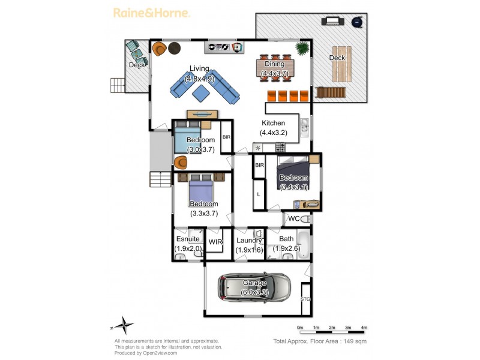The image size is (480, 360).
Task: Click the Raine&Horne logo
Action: tap(152, 13)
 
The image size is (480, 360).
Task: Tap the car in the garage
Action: tap(254, 288)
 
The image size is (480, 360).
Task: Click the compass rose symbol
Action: tap(124, 325)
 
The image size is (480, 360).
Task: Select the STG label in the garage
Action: tap(305, 299)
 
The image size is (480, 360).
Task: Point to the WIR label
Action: tap(215, 242)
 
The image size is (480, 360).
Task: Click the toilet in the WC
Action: tap(305, 219)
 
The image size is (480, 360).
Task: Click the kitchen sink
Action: tap(304, 128)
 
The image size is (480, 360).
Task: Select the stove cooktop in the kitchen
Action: tap(280, 148)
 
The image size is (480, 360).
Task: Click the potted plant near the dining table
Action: tap(302, 48)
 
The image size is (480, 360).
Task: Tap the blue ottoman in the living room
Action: tap(201, 93)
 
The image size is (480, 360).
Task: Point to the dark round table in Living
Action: tap(175, 48)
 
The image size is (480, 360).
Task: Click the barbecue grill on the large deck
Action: tap(333, 21)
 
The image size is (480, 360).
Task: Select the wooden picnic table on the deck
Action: tap(342, 64)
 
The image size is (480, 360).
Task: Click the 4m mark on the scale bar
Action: tap(364, 328)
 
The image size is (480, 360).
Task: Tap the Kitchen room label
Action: tap(274, 123)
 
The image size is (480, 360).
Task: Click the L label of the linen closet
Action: tap(259, 194)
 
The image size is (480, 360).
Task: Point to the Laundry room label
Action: tap(249, 241)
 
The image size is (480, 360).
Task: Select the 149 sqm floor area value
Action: tap(355, 341)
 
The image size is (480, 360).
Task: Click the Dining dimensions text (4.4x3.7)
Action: tap(275, 73)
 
